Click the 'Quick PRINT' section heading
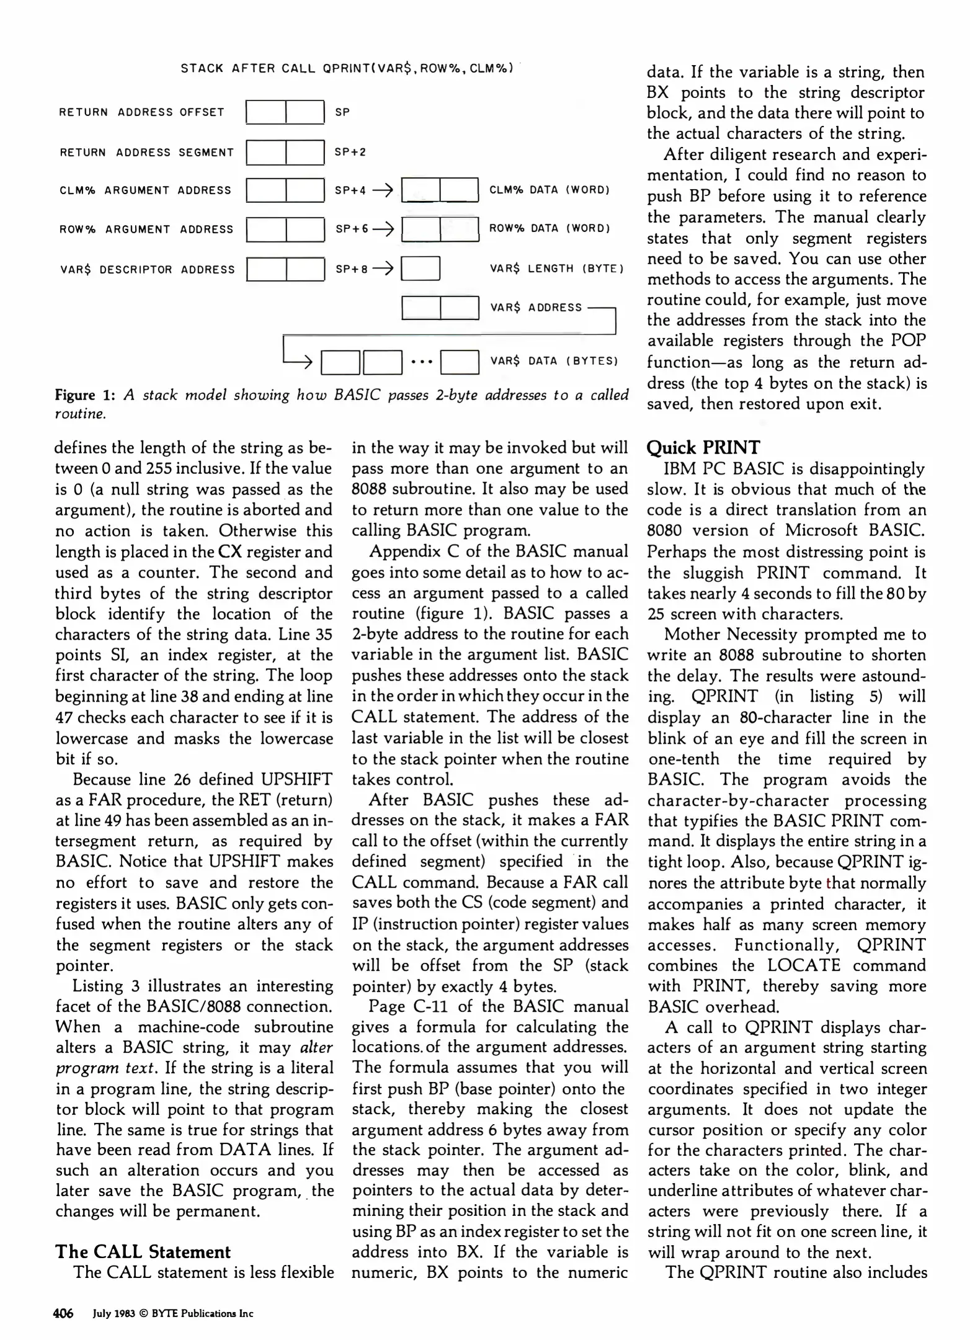click(x=703, y=447)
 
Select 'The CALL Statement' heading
click(x=143, y=1251)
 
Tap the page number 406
click(x=63, y=1313)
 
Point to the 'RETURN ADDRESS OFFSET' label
click(x=141, y=112)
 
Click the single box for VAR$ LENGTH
click(x=420, y=269)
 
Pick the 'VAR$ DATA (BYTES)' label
click(x=554, y=361)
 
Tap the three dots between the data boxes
click(x=421, y=362)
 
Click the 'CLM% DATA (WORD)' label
click(x=550, y=190)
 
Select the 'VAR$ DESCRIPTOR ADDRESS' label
click(x=148, y=270)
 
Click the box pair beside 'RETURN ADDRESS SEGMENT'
click(x=285, y=153)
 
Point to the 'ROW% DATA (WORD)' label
click(x=550, y=228)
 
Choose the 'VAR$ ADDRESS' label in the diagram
click(x=536, y=308)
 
